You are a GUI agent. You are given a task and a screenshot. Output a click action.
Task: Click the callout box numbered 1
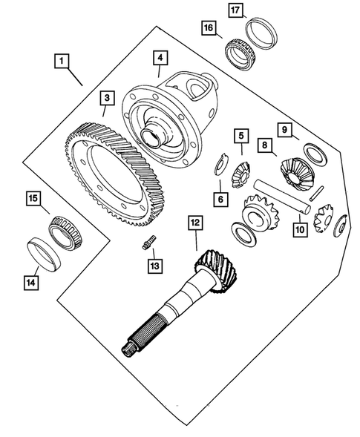coord(62,61)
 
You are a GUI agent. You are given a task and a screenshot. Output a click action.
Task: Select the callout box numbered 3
coord(107,98)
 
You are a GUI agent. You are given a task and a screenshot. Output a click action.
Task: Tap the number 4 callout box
coord(160,58)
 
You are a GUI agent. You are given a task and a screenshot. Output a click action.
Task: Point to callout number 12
coord(195,223)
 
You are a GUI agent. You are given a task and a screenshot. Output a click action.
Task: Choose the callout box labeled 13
coord(155,266)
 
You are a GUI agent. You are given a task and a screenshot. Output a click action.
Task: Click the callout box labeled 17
coord(235,10)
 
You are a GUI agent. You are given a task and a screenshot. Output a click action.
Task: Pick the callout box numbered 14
coord(31,283)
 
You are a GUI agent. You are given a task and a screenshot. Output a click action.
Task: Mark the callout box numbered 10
coord(300,230)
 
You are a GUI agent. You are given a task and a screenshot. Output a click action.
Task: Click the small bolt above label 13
coord(149,242)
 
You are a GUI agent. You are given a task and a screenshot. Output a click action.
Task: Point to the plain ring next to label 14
coord(45,254)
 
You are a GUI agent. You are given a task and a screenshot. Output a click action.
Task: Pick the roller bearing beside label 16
coord(240,54)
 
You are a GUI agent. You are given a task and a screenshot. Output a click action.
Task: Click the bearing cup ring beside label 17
coord(261,33)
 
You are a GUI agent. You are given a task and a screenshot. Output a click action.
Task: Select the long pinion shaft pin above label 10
coord(281,197)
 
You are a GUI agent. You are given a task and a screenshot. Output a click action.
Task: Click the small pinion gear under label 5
coord(241,175)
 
